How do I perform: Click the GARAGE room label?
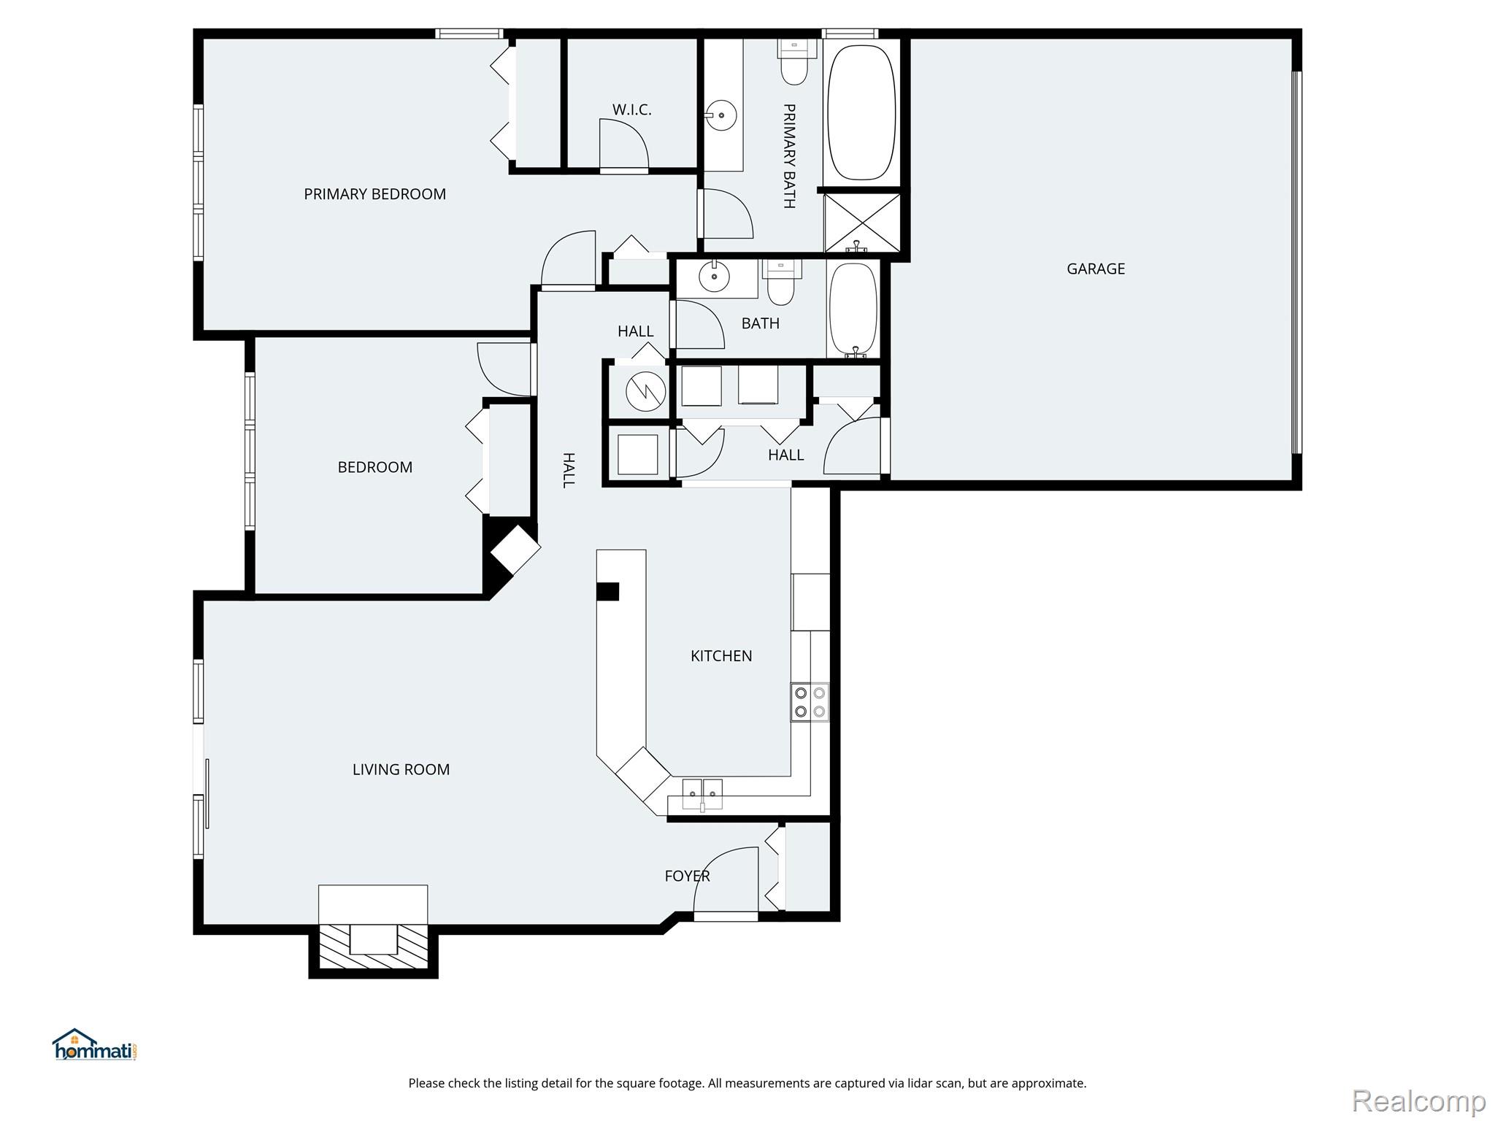click(1095, 269)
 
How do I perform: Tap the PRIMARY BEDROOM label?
click(374, 194)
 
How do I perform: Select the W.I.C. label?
click(631, 109)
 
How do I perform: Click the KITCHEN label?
click(720, 656)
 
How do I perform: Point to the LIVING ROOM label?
click(401, 769)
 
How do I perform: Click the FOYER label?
click(686, 876)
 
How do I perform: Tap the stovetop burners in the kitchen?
click(810, 702)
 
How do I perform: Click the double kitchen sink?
click(702, 794)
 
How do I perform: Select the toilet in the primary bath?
click(793, 63)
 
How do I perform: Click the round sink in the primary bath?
click(721, 115)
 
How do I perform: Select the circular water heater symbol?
click(646, 392)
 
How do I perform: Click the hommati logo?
click(94, 1045)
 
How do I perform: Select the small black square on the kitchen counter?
click(607, 591)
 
